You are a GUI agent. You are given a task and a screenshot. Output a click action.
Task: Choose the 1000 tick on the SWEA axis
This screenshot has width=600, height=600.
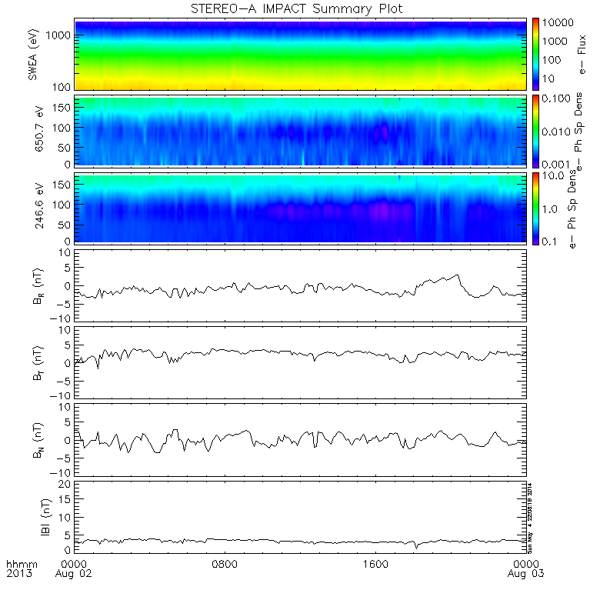pos(62,35)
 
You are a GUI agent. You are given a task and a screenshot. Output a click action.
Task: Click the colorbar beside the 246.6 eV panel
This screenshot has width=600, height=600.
pos(536,208)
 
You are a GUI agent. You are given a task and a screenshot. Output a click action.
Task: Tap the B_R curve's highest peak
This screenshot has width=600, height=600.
pos(458,275)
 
